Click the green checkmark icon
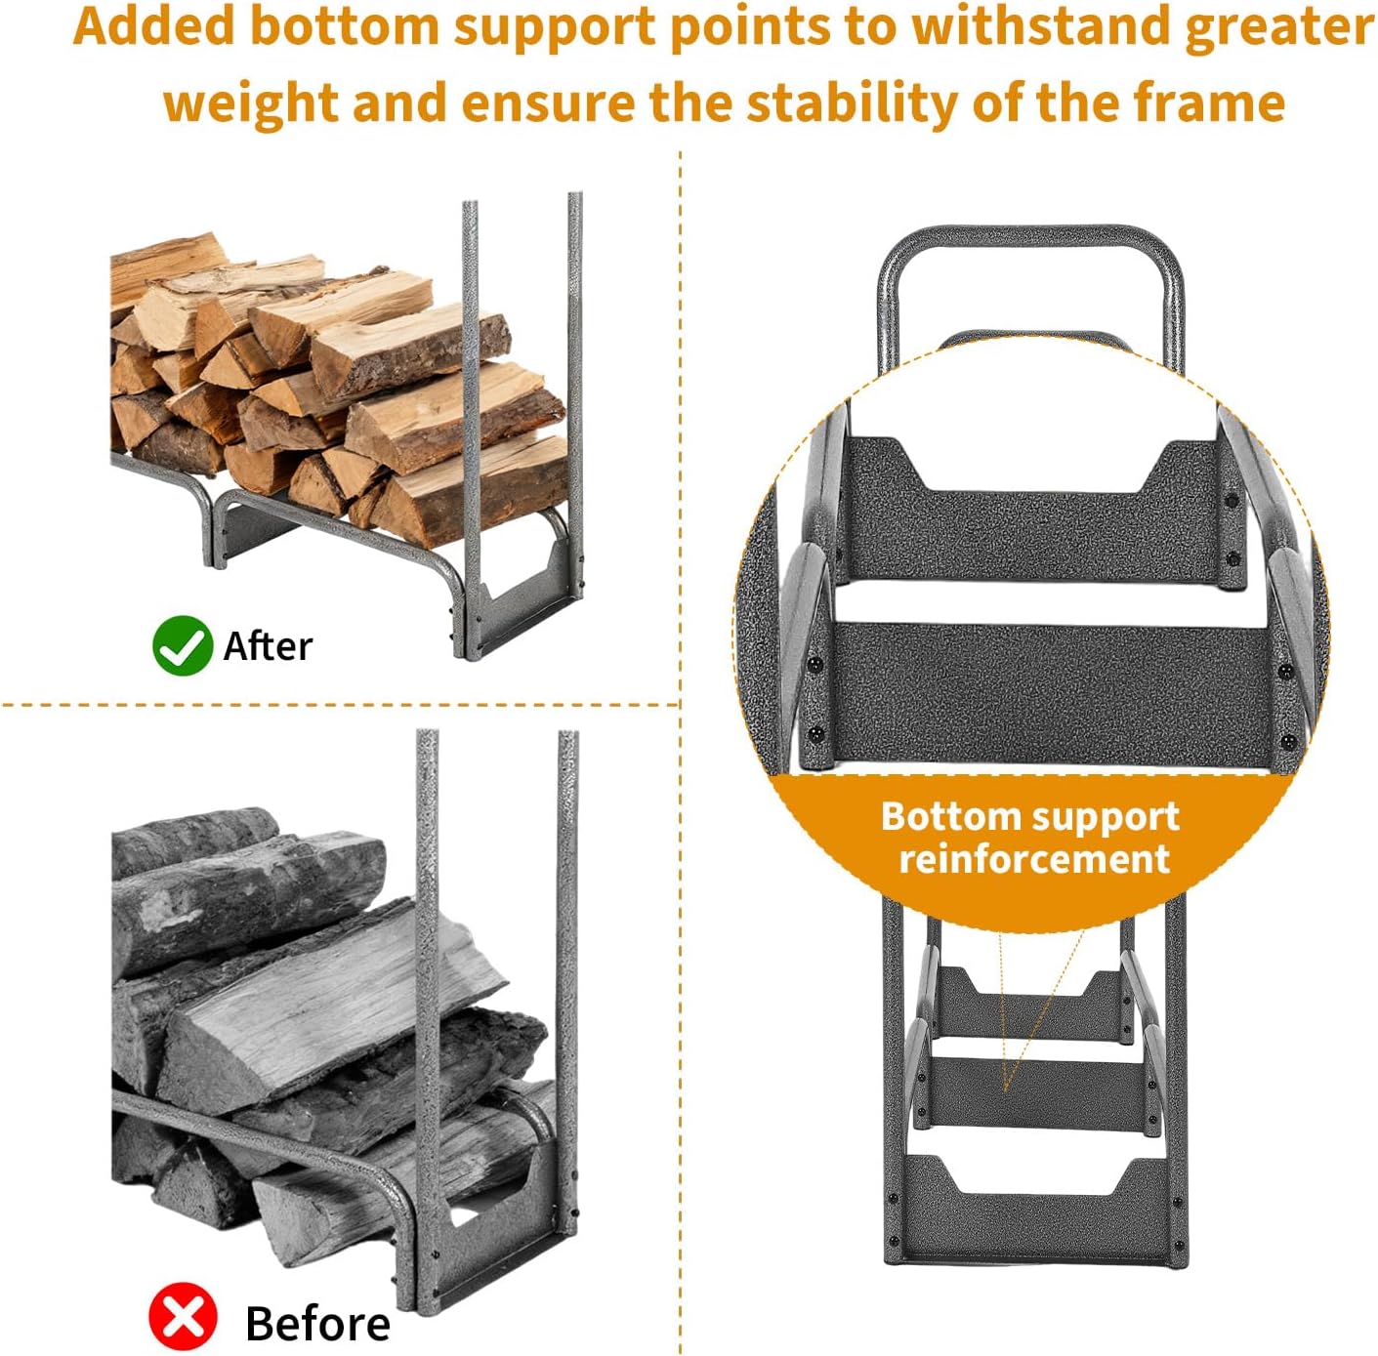[x=183, y=645]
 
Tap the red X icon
[x=183, y=1316]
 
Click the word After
[x=269, y=646]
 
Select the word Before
[x=317, y=1323]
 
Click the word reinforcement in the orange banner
[x=1034, y=858]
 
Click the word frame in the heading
[x=1209, y=103]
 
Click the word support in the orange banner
[x=1095, y=818]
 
